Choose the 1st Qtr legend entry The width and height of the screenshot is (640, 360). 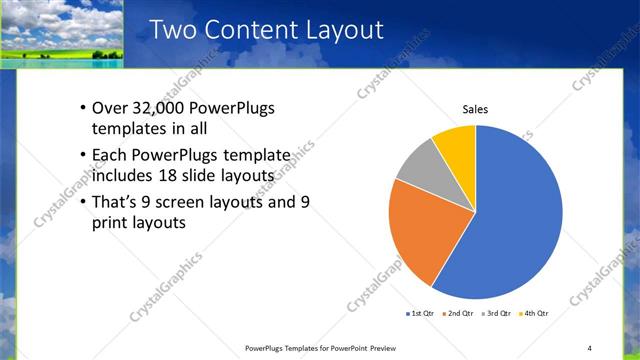tap(421, 313)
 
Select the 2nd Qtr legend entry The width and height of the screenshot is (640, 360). tap(459, 313)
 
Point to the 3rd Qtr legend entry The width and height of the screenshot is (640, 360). tap(498, 313)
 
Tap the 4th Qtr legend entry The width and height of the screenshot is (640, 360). tap(535, 313)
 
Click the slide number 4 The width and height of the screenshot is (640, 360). tap(589, 347)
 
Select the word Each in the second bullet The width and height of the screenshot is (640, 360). tap(110, 155)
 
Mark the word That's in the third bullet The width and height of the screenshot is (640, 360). tap(116, 201)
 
